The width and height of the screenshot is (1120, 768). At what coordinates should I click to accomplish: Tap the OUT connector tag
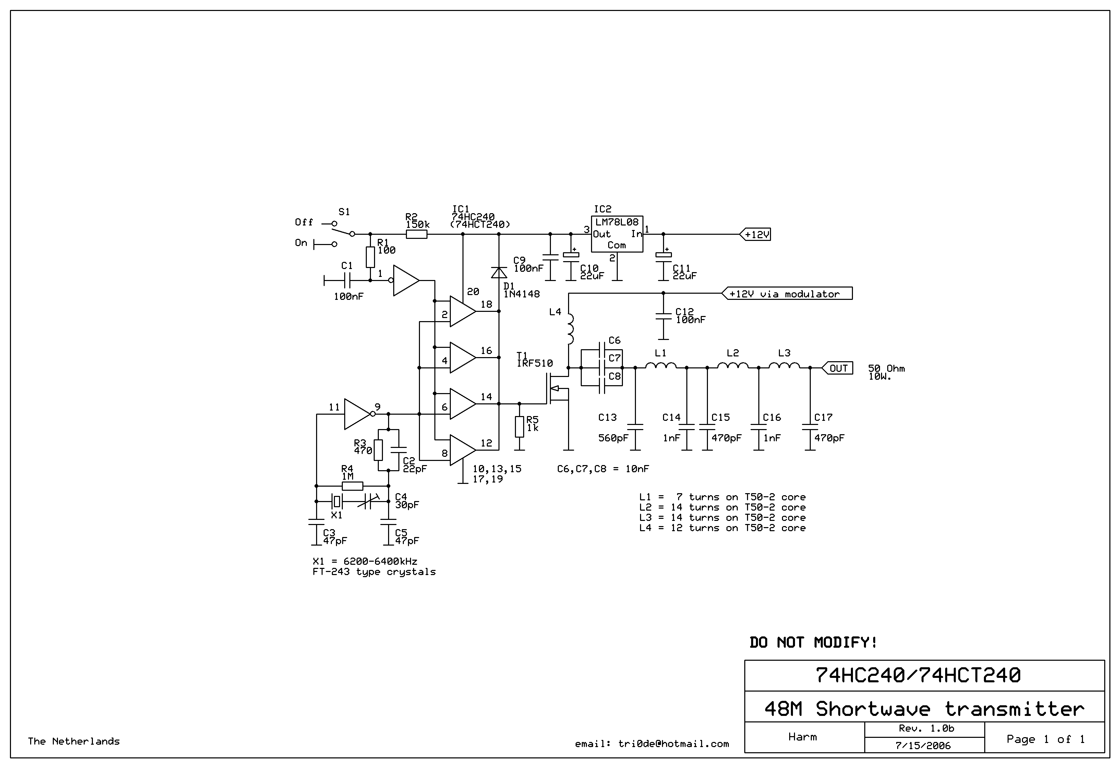(837, 368)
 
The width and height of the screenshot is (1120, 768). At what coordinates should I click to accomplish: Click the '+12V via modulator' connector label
(787, 293)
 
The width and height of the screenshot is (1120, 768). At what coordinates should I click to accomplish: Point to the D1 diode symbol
(499, 273)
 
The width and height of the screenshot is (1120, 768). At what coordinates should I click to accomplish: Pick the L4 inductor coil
(570, 330)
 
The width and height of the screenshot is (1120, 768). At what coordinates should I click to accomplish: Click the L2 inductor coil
(733, 366)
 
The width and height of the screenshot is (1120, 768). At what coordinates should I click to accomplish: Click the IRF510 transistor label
(535, 363)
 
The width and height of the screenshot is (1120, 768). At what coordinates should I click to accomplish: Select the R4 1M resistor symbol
(352, 486)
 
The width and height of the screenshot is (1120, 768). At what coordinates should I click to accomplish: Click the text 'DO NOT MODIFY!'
(814, 642)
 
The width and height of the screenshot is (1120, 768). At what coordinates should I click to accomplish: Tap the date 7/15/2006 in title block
(923, 746)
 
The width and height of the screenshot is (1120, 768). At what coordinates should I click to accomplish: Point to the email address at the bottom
(652, 744)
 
